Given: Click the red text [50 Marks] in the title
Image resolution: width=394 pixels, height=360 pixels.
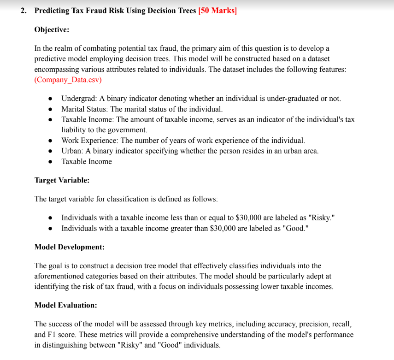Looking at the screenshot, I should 217,11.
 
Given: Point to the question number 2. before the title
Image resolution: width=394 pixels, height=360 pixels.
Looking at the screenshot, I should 24,11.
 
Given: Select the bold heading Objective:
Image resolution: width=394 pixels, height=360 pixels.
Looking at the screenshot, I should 52,30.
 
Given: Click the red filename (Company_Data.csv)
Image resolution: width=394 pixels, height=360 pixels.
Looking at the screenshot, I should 68,80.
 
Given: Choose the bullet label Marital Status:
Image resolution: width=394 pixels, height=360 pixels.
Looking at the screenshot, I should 85,109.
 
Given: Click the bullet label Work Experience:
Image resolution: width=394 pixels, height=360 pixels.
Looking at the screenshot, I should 90,140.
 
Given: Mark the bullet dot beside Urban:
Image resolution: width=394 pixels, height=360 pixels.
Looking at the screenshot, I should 50,151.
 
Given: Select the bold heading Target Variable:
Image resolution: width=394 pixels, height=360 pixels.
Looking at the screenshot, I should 62,180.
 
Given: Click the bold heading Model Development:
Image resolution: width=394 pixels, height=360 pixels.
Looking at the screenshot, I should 69,247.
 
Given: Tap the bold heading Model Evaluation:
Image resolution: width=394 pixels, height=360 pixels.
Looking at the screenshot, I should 65,305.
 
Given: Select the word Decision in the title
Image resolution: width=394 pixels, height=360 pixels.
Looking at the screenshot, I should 163,11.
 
